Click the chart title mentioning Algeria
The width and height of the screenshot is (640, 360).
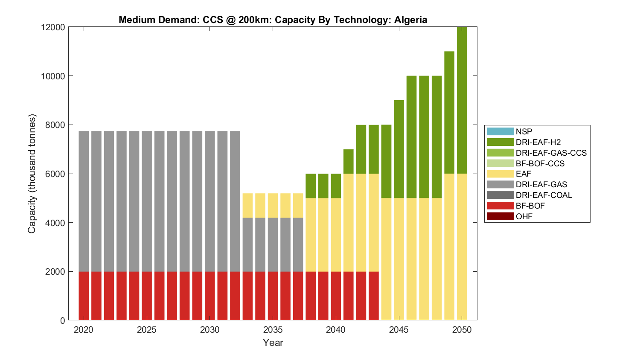[x=273, y=20]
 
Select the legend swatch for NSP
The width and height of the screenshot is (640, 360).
[x=500, y=132]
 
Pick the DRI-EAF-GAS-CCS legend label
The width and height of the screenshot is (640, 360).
[x=551, y=153]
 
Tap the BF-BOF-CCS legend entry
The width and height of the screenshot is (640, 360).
[x=540, y=164]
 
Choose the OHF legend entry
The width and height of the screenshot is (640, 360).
[x=524, y=217]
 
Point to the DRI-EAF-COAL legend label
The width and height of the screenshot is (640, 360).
[x=544, y=195]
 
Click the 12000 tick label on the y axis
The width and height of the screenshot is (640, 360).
[x=53, y=27]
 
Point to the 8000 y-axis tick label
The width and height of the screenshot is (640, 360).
[x=55, y=125]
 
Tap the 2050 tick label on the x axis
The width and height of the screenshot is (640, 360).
[x=462, y=330]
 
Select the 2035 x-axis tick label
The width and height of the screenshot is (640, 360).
[x=273, y=330]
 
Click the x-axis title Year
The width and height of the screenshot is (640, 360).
[x=273, y=343]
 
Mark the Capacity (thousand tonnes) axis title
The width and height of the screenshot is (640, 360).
[x=32, y=174]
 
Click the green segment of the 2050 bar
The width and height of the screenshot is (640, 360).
[x=462, y=100]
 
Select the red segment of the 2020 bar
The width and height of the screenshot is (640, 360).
[x=84, y=296]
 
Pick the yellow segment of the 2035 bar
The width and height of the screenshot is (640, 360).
[x=273, y=206]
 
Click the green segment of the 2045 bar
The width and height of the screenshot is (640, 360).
[x=399, y=149]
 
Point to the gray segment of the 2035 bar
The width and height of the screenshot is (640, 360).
[x=273, y=245]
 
